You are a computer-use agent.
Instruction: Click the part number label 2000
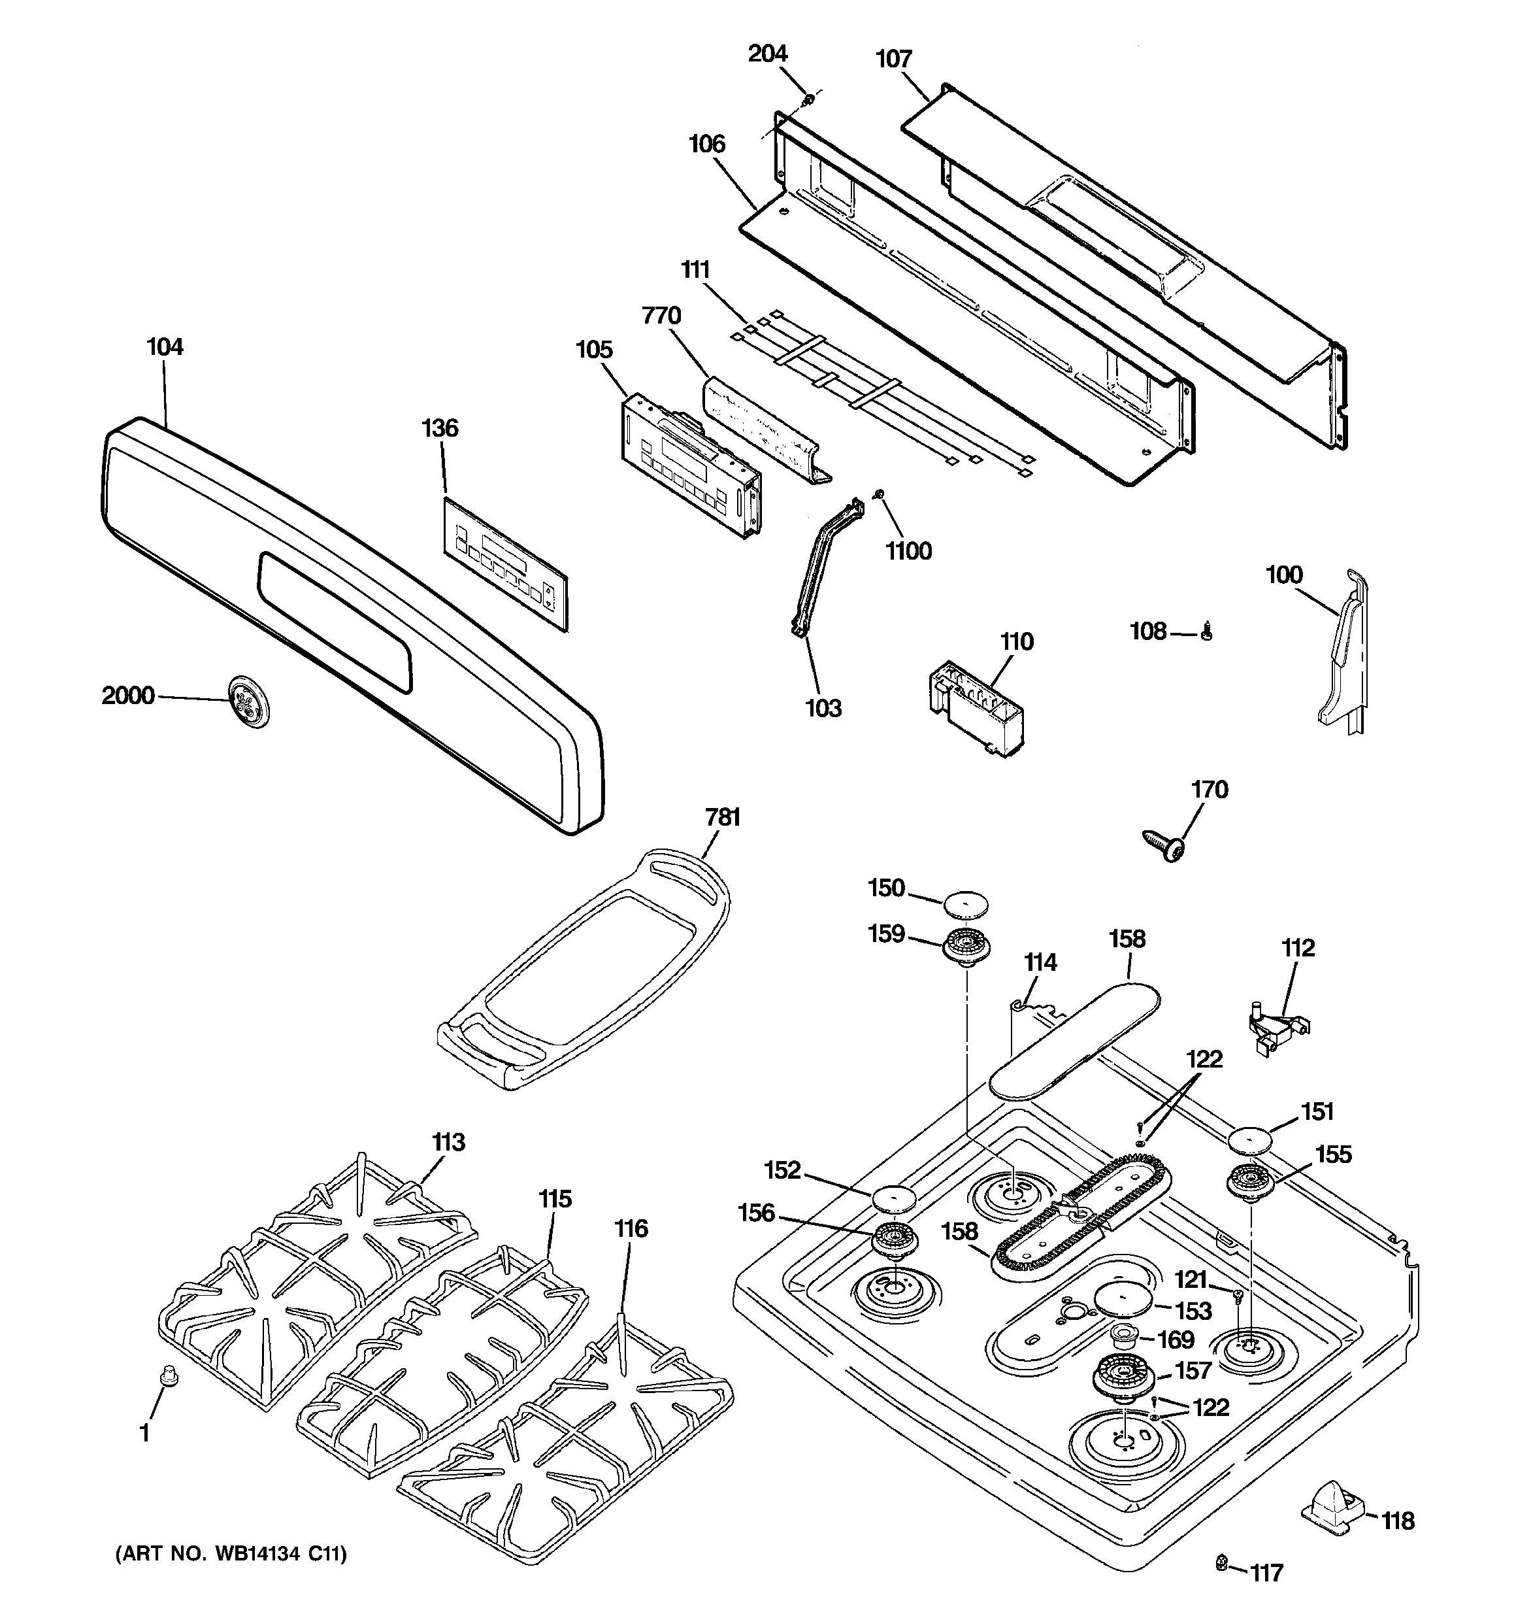[128, 695]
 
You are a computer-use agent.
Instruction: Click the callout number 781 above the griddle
[723, 817]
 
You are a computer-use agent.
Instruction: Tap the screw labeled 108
[1207, 631]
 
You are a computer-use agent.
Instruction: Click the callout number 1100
[908, 551]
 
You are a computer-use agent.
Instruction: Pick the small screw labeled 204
[809, 100]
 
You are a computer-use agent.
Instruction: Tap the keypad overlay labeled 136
[505, 565]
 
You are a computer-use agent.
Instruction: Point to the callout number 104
[165, 346]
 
